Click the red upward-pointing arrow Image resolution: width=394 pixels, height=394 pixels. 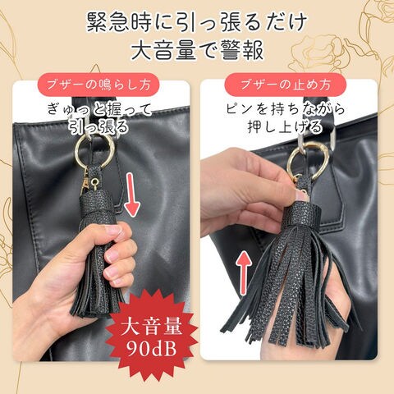[x=243, y=273]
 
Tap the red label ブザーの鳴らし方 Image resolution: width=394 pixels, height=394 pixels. [x=98, y=85]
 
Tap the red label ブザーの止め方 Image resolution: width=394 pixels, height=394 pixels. [x=286, y=85]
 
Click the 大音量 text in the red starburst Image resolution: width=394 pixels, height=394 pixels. [x=151, y=326]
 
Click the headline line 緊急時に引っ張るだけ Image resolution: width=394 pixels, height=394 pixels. [x=197, y=22]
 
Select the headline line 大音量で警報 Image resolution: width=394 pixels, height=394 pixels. [x=197, y=50]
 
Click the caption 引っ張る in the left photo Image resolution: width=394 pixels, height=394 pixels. [x=98, y=126]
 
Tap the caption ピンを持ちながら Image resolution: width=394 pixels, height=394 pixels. [x=286, y=109]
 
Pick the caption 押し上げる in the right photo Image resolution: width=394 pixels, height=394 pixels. [x=286, y=126]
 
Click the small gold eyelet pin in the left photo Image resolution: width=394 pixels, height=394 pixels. [x=95, y=181]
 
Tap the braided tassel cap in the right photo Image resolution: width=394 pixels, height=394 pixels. [x=301, y=216]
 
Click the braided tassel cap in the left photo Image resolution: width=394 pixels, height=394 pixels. [x=98, y=203]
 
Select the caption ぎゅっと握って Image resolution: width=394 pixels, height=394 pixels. [x=99, y=109]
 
